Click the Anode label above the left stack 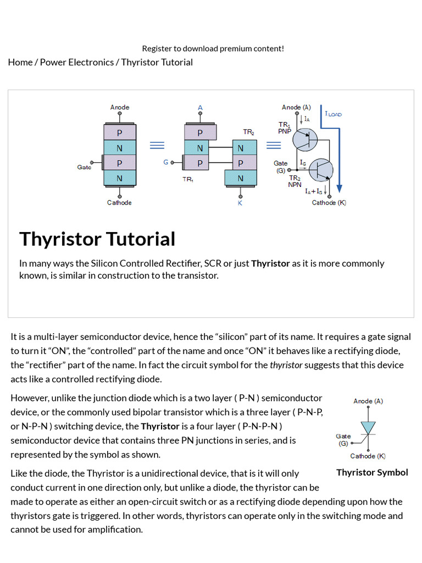click(x=119, y=107)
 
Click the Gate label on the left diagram click(x=84, y=167)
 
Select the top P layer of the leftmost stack click(x=120, y=133)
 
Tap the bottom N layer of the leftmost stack click(x=120, y=178)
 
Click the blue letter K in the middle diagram click(x=240, y=203)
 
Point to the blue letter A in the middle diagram click(x=200, y=107)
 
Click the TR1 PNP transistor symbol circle click(x=305, y=139)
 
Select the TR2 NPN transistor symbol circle click(x=321, y=170)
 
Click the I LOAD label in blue click(x=333, y=114)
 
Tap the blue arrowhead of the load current click(x=339, y=188)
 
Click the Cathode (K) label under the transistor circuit click(x=329, y=203)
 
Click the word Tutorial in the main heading click(x=141, y=239)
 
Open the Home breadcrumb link click(x=20, y=62)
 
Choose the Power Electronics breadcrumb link click(x=77, y=62)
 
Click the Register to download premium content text click(x=213, y=48)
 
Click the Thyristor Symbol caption click(x=372, y=472)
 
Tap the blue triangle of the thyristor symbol click(x=368, y=427)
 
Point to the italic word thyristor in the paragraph click(x=286, y=365)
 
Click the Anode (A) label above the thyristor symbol click(x=368, y=401)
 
